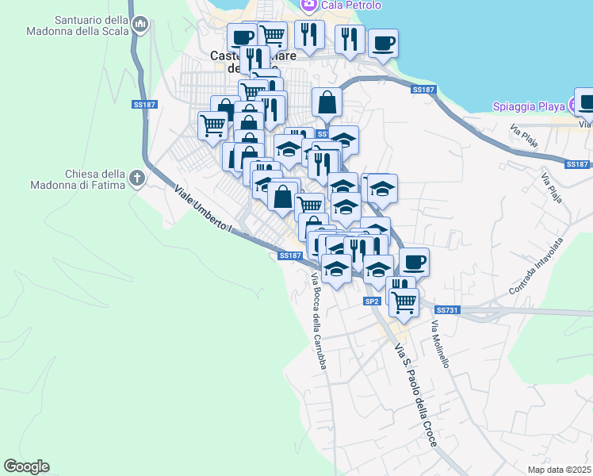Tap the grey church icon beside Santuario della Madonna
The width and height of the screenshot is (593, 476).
coord(141,25)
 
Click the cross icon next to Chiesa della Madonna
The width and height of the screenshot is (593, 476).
coord(137,178)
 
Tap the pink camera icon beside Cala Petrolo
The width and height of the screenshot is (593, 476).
coord(309,5)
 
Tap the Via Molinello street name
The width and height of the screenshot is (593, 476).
coord(440,344)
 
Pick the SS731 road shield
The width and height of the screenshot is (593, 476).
coord(448,309)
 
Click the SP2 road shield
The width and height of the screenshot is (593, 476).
coord(372,301)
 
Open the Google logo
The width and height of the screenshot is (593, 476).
coord(26,466)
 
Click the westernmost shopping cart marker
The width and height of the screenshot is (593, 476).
coord(212,125)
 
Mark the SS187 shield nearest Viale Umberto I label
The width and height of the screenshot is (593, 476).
coord(291,255)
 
